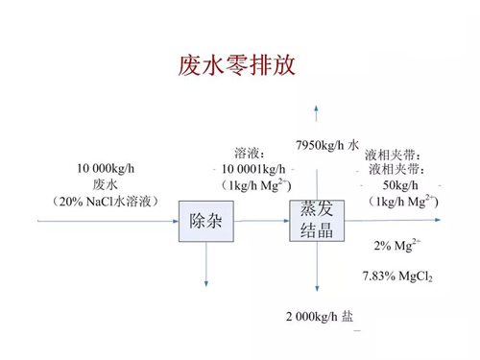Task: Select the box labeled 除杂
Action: [x=205, y=222]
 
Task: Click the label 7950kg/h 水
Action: [x=327, y=144]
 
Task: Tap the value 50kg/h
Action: [x=400, y=184]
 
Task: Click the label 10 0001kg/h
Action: [x=253, y=169]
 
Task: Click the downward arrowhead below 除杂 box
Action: [x=205, y=282]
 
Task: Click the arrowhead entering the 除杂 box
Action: [x=177, y=221]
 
